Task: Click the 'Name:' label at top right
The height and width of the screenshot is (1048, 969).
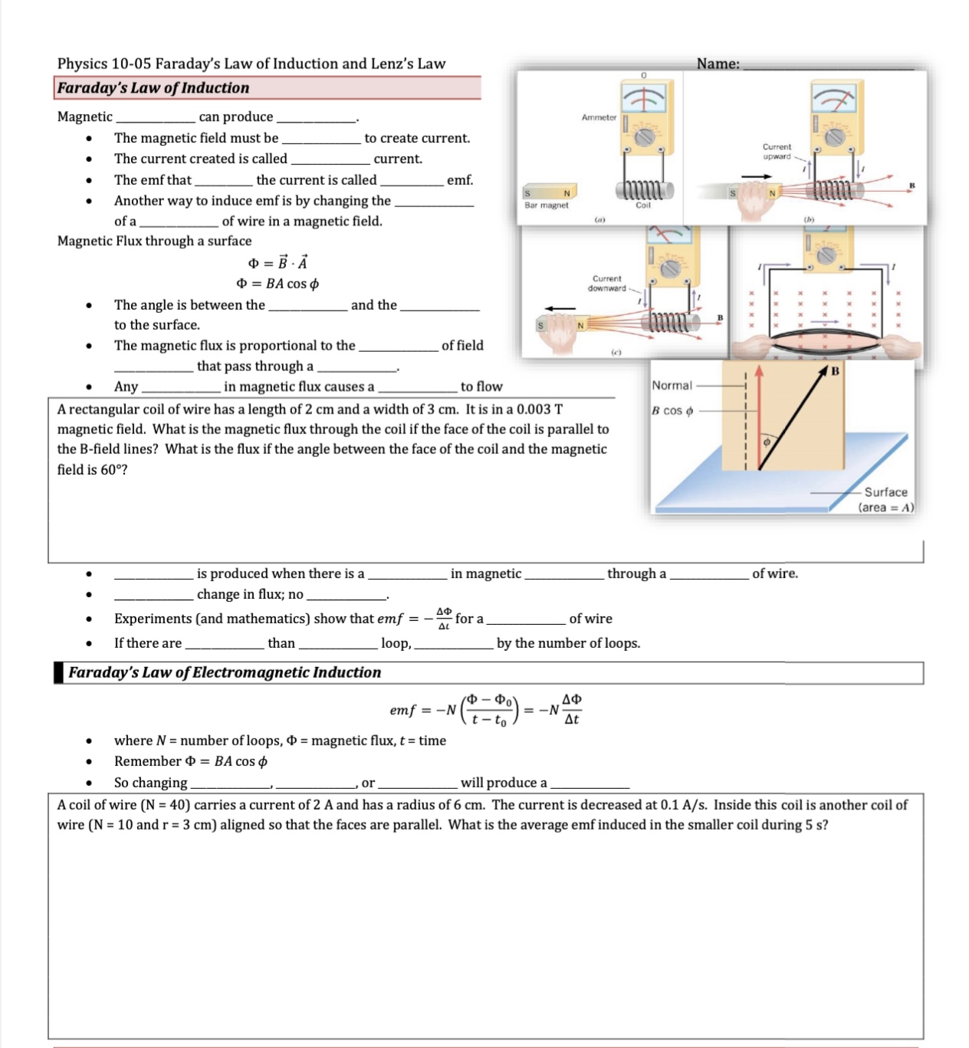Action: (x=718, y=64)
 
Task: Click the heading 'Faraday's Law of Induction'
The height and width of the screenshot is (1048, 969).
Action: (x=153, y=88)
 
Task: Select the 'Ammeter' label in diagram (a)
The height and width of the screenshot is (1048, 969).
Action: (x=599, y=117)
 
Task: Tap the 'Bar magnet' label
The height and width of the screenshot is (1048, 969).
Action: (x=547, y=205)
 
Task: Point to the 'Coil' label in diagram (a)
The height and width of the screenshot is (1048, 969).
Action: (x=642, y=205)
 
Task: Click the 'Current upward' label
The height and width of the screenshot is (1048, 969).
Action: (x=777, y=151)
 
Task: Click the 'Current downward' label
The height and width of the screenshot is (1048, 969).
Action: (x=606, y=284)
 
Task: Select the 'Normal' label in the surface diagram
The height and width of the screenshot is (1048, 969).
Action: (x=672, y=386)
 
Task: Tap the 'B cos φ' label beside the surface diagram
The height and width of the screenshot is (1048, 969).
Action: (x=672, y=411)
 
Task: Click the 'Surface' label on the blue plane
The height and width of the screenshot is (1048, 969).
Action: (x=885, y=492)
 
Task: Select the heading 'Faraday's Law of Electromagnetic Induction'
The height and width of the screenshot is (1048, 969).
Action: (x=225, y=672)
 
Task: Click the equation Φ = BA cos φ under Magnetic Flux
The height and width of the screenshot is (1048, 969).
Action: (x=278, y=284)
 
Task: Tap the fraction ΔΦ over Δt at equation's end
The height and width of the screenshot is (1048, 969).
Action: (x=572, y=709)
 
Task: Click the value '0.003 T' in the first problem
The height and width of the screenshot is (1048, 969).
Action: (x=539, y=409)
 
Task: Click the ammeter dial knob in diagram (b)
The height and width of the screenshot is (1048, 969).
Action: (x=834, y=136)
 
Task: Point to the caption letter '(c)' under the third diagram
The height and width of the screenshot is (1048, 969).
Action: (x=616, y=352)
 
